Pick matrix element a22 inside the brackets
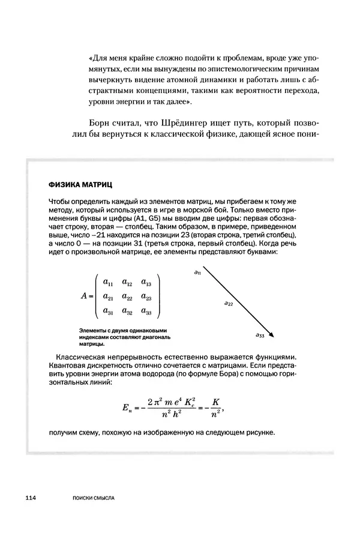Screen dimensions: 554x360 click(127, 297)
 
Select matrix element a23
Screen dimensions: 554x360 click(146, 297)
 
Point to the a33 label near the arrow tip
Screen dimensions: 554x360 click(260, 336)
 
